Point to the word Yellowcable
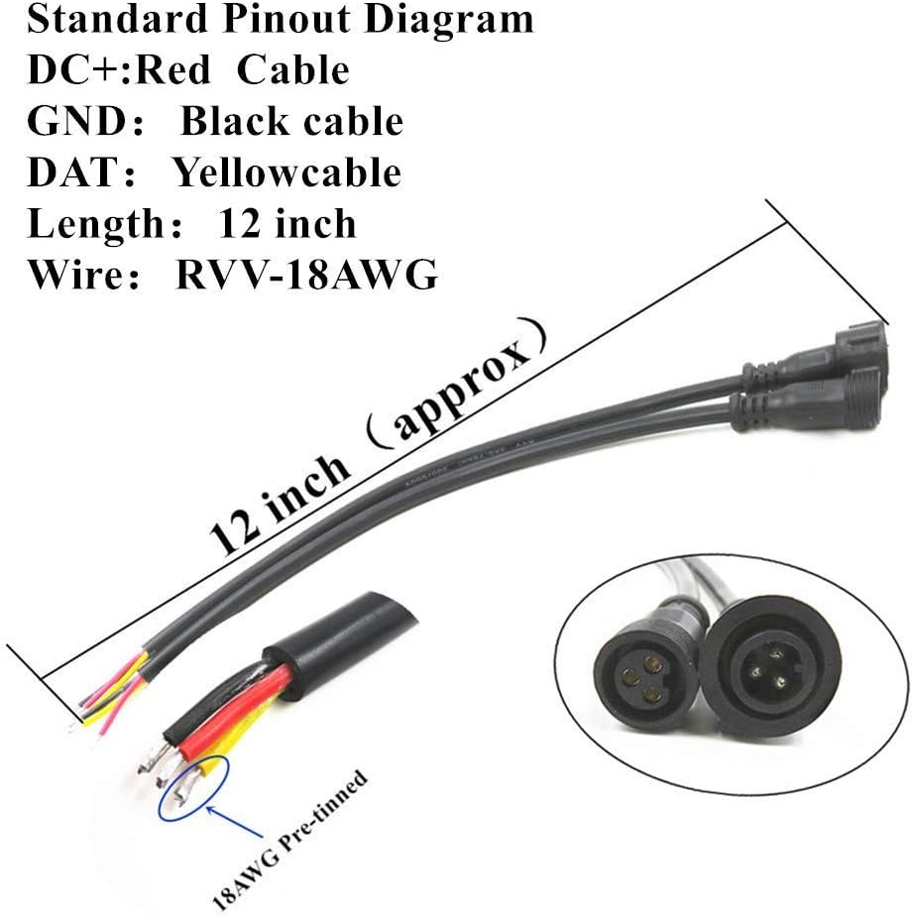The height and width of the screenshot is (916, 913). coord(287,172)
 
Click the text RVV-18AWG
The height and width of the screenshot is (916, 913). coord(306,274)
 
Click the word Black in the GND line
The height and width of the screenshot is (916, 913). coord(234,121)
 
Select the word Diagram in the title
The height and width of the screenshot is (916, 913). coord(457,19)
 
